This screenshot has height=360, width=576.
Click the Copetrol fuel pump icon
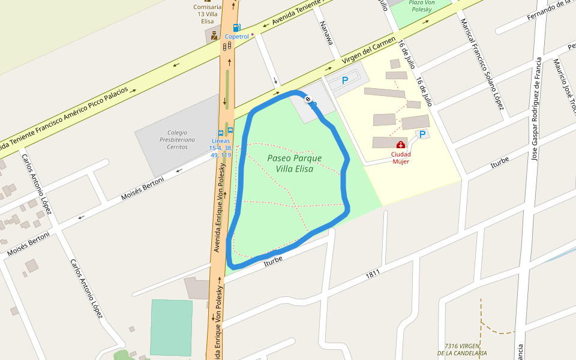click(x=236, y=28)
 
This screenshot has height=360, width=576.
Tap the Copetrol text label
click(x=236, y=37)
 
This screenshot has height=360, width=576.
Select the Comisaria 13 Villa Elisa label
click(x=207, y=14)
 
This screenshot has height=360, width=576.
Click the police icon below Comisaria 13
click(x=214, y=35)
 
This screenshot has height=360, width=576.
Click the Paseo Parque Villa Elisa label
click(x=295, y=163)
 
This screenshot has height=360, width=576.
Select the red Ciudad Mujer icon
click(x=401, y=145)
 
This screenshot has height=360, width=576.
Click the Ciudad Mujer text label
click(x=401, y=158)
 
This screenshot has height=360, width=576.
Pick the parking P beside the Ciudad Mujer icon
click(x=422, y=134)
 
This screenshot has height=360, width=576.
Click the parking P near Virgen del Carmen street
click(x=344, y=80)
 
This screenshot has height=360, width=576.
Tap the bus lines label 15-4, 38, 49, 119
click(x=220, y=148)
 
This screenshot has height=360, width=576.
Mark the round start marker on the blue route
click(x=308, y=99)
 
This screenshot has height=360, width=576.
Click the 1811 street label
click(x=373, y=274)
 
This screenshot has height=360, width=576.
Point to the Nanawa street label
click(x=326, y=33)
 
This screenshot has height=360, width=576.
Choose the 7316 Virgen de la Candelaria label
click(x=462, y=350)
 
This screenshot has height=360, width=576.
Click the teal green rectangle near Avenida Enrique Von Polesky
click(x=171, y=328)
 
